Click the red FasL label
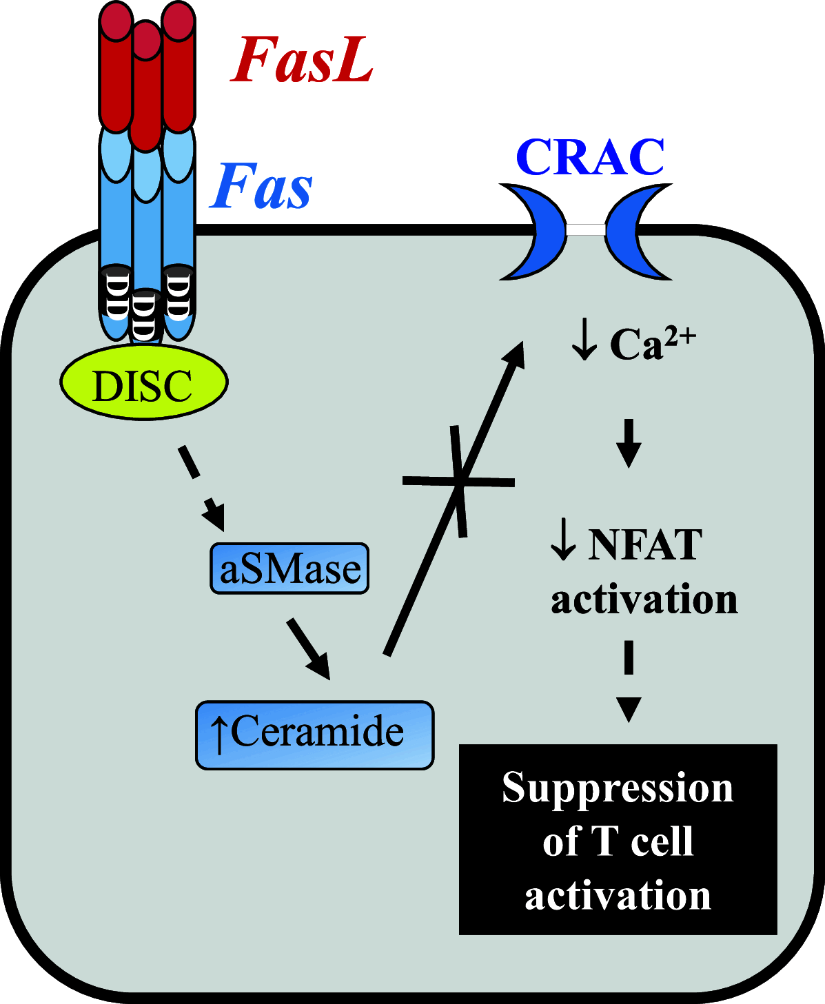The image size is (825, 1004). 301,60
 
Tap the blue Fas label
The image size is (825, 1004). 261,187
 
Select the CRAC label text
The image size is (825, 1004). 590,157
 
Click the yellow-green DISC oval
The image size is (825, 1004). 143,383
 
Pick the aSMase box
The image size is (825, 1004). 289,568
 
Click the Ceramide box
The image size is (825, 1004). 315,735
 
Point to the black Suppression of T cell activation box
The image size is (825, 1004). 618,839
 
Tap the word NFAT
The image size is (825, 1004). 645,544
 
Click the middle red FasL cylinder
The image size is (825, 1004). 145,86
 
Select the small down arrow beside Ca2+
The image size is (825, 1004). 584,342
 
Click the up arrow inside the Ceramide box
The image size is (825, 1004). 218,735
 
